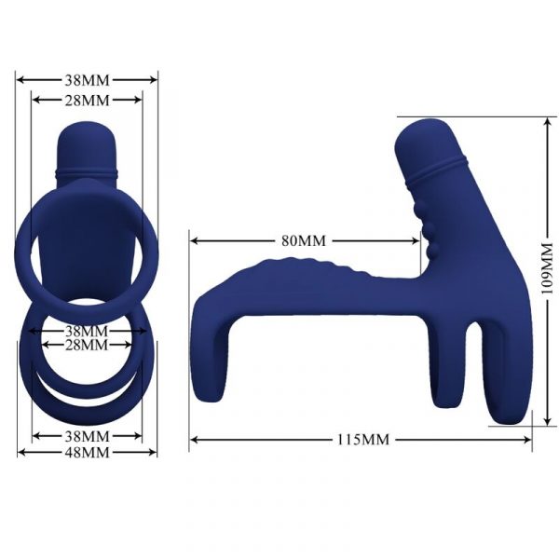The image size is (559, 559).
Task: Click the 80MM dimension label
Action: pyautogui.click(x=304, y=240)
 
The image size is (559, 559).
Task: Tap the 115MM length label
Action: pyautogui.click(x=363, y=440)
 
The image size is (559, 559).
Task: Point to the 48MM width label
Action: pyautogui.click(x=87, y=453)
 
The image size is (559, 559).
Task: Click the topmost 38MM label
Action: pyautogui.click(x=87, y=80)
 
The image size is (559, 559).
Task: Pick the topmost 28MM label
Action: pyautogui.click(x=87, y=101)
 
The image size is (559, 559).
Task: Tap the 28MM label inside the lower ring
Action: pyautogui.click(x=87, y=345)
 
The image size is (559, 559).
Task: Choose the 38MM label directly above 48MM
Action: pyautogui.click(x=87, y=436)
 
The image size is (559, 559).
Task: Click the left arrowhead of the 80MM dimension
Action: pyautogui.click(x=194, y=241)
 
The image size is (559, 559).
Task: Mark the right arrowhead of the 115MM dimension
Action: pyautogui.click(x=527, y=440)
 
